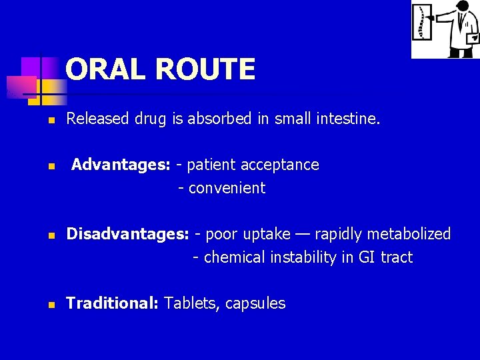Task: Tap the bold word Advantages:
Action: (121, 165)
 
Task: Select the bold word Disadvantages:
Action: (128, 234)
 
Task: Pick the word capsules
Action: (255, 304)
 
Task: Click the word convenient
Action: (227, 189)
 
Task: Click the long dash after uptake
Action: (303, 235)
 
